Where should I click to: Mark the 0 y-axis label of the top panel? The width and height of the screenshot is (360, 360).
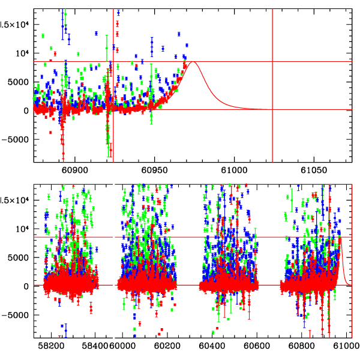(x=25, y=111)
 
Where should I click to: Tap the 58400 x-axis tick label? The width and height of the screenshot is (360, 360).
(x=96, y=346)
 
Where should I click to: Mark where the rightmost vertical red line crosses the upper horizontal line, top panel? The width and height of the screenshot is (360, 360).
(x=273, y=61)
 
